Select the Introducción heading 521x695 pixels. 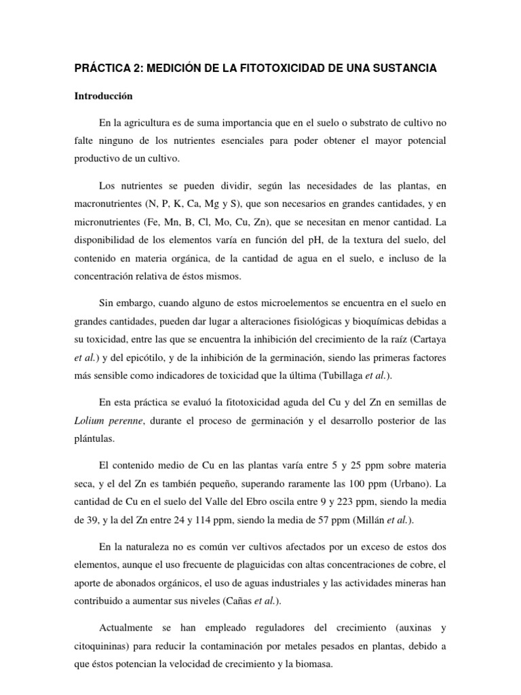point(103,96)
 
